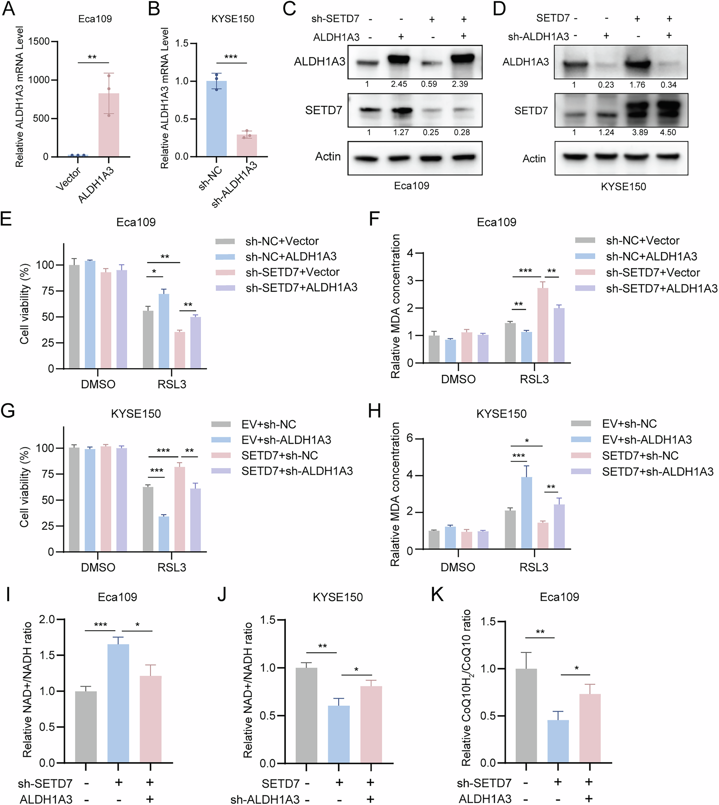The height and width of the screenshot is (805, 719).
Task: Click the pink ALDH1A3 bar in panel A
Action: point(108,125)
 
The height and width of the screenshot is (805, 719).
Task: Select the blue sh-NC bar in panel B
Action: point(217,118)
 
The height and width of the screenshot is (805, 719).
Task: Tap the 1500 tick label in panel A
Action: point(39,42)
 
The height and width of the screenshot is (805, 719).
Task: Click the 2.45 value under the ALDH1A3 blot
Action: point(399,84)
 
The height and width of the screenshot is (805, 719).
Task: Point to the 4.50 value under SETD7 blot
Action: point(668,132)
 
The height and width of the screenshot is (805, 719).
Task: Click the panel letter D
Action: point(499,9)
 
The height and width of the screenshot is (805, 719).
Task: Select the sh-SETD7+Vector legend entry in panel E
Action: point(292,272)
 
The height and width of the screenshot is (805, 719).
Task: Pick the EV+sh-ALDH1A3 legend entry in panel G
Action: point(286,440)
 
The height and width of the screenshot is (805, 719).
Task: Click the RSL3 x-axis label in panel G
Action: point(171,567)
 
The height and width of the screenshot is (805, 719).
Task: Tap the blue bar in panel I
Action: point(118,703)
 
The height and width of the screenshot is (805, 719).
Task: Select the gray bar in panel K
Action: point(526,715)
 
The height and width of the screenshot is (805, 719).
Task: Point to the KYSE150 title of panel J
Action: point(337,597)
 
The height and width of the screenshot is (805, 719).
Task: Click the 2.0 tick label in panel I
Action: point(47,619)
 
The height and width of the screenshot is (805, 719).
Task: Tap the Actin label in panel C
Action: point(328,157)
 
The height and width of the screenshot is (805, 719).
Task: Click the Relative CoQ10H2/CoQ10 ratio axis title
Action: point(467,687)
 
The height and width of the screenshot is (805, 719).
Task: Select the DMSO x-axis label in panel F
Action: point(458,379)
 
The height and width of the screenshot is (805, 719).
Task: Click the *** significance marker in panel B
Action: point(231,57)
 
